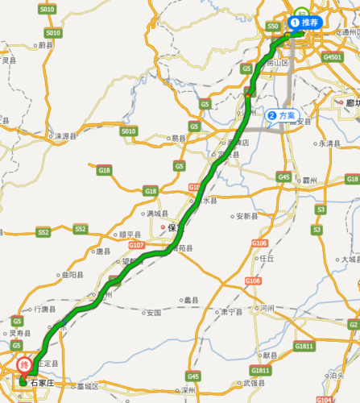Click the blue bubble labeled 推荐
coord(305,23)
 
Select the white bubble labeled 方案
coord(283,115)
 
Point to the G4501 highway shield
coord(332,58)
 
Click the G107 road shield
coord(136,244)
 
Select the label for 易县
coord(177,139)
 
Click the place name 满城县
coord(156,214)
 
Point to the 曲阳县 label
coord(72,275)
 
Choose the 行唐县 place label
coord(43,309)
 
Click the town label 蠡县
coord(191,299)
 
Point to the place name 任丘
coord(267,259)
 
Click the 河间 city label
coord(267,308)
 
